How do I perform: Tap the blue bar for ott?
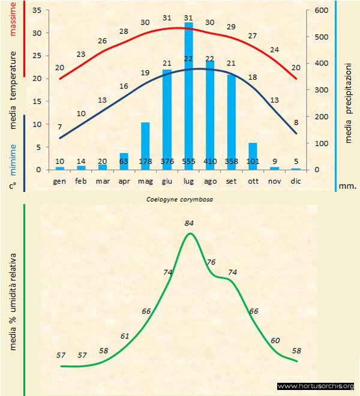253,156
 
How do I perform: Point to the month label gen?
59,181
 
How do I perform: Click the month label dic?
296,181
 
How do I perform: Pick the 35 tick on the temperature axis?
37,11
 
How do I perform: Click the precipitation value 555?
188,161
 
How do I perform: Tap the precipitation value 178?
145,161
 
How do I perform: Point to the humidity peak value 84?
190,223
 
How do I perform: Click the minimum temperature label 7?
59,127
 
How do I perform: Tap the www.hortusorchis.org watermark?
317,386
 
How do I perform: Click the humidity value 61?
124,335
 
